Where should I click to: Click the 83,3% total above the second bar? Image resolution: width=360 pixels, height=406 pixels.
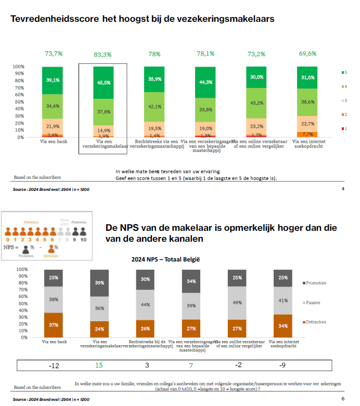(103, 54)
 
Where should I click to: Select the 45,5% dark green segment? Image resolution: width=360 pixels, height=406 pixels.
(103, 82)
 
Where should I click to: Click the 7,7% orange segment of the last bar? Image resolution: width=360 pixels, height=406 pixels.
(307, 134)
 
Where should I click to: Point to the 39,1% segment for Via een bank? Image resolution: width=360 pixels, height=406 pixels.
(52, 80)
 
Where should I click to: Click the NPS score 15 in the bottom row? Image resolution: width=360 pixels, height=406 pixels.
(99, 365)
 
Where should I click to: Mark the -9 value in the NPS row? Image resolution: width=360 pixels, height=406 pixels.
(283, 365)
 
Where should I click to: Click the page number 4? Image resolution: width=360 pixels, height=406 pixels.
(343, 188)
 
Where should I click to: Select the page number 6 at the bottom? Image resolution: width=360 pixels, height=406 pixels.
(343, 399)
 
